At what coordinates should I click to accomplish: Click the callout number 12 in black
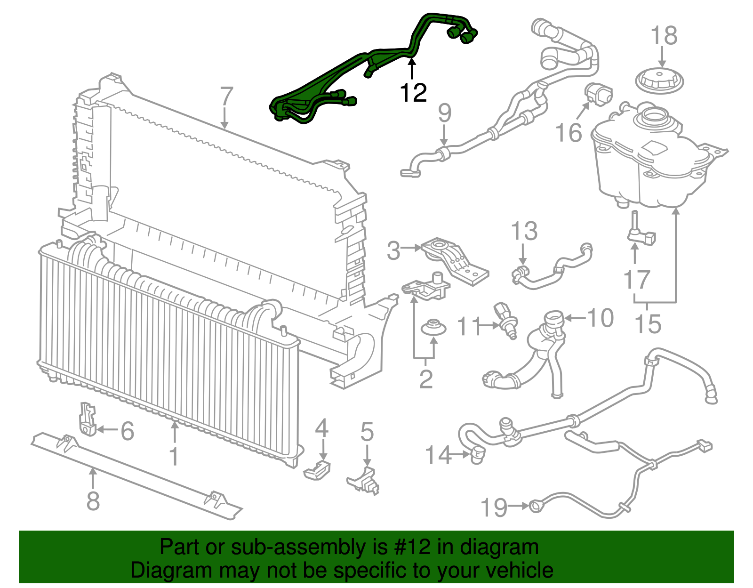click(x=413, y=93)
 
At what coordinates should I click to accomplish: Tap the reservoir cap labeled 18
click(x=660, y=81)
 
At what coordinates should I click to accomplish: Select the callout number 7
click(x=226, y=97)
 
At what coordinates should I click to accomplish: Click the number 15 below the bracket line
click(x=648, y=324)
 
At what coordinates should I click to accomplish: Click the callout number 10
click(x=601, y=318)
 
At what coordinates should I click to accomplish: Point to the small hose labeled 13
click(x=551, y=271)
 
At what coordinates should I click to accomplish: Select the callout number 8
click(x=93, y=500)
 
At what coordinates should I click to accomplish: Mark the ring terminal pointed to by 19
click(x=536, y=506)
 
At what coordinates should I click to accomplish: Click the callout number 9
click(x=444, y=113)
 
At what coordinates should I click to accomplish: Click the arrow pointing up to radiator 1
click(x=175, y=431)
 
